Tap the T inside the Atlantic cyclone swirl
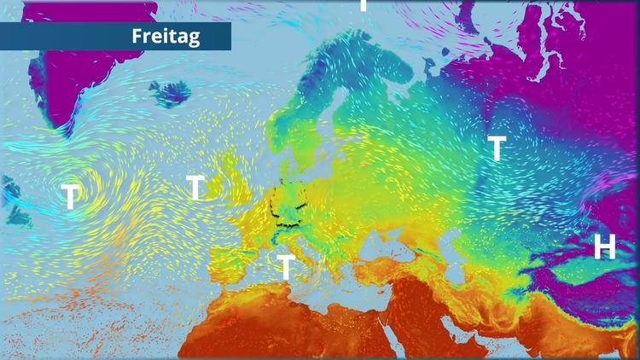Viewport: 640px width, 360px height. pos(70,197)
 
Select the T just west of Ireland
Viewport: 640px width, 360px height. pos(196,187)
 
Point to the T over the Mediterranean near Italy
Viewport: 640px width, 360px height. pos(286,266)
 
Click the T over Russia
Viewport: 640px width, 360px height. pos(496,148)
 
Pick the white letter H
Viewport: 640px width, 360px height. pos(604,247)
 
